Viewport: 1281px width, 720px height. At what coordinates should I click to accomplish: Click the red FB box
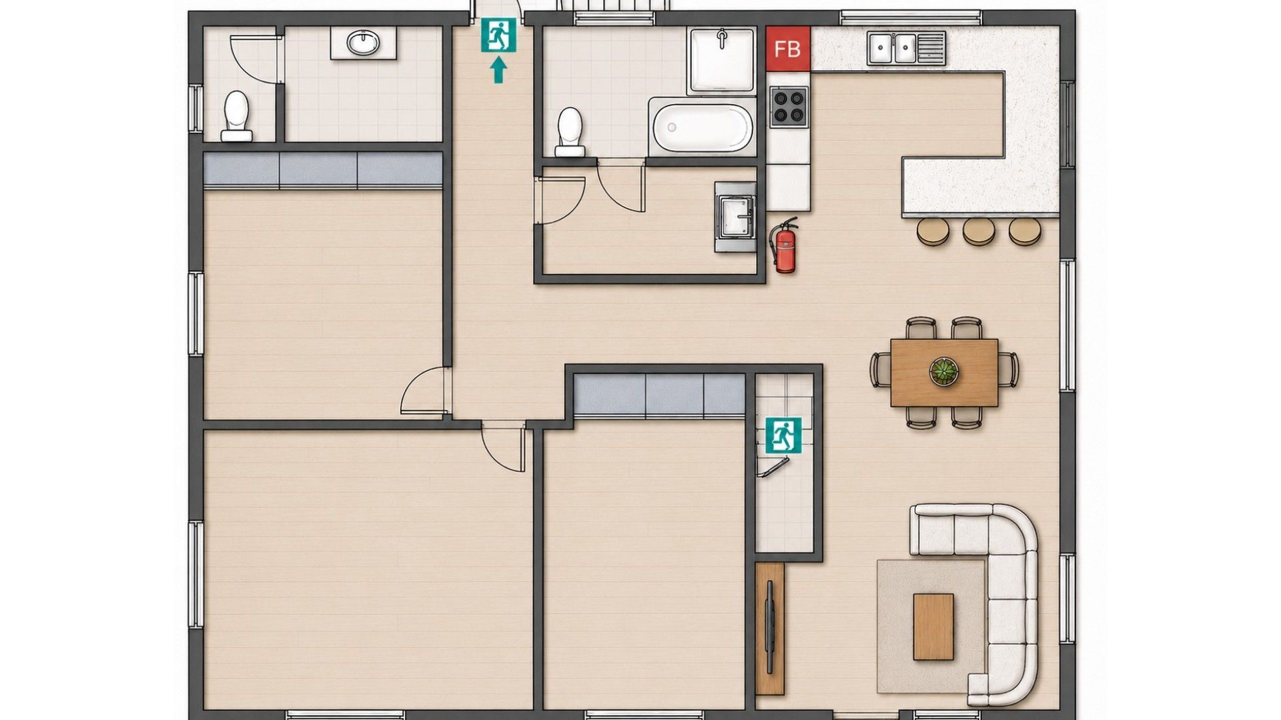[x=787, y=49]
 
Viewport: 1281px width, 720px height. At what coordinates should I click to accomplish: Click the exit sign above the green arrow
[x=499, y=35]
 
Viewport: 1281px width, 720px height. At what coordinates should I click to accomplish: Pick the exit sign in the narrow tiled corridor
[x=783, y=436]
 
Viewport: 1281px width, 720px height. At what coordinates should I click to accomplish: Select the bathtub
[x=703, y=128]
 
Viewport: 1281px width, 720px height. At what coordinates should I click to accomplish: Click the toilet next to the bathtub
[x=570, y=132]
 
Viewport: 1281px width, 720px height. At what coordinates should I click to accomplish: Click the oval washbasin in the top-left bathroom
[x=363, y=44]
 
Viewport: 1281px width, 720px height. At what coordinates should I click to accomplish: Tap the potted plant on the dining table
[x=943, y=371]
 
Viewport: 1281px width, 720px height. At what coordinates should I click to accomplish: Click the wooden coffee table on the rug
[x=933, y=627]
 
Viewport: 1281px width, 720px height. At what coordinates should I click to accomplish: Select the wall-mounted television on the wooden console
[x=771, y=627]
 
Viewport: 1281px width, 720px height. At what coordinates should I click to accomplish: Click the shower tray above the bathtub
[x=722, y=61]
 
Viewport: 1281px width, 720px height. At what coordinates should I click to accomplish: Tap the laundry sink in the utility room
[x=735, y=217]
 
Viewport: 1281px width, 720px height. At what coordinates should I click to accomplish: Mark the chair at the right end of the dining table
[x=1008, y=369]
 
